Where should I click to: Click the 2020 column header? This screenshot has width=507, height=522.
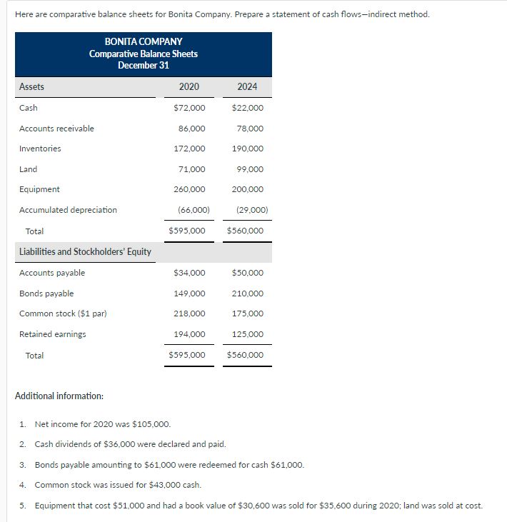[189, 87]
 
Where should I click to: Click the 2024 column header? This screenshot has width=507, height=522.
[247, 87]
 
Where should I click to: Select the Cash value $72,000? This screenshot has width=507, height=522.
[189, 108]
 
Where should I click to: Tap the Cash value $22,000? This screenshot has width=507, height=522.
[247, 108]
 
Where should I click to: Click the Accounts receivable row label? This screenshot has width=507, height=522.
[56, 129]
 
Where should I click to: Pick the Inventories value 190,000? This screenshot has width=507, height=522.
[247, 149]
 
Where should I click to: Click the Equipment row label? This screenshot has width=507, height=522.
[39, 189]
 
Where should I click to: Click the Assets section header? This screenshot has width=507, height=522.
[31, 87]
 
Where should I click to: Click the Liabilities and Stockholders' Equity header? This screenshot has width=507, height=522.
[85, 251]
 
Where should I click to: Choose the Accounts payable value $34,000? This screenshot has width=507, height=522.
[189, 273]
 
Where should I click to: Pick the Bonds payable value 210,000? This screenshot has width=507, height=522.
[247, 293]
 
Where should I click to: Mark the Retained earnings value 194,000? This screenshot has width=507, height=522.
[189, 334]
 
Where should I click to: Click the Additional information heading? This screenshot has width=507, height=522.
[59, 396]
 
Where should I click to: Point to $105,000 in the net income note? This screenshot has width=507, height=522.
[151, 423]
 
